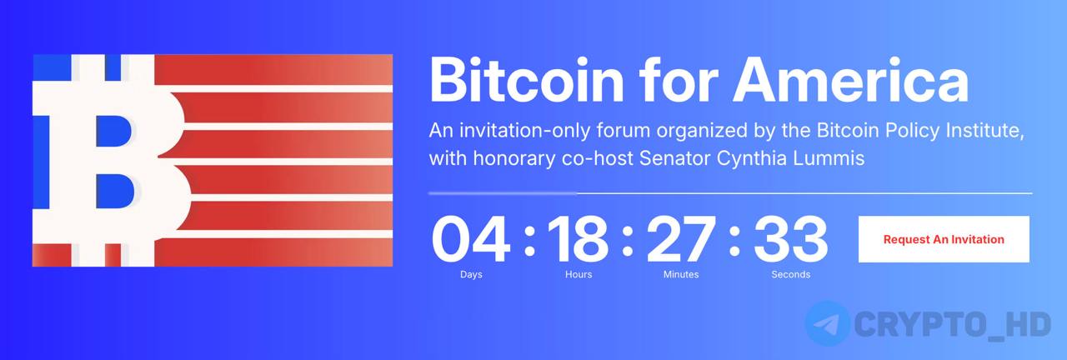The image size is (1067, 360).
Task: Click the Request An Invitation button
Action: pyautogui.click(x=944, y=239)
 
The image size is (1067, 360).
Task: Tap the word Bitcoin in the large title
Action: pyautogui.click(x=526, y=80)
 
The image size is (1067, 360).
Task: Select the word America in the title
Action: pyautogui.click(x=850, y=80)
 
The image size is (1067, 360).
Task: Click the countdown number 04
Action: pyautogui.click(x=470, y=239)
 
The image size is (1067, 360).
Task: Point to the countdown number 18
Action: pyautogui.click(x=578, y=239)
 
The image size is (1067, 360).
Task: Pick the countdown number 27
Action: pyautogui.click(x=681, y=239)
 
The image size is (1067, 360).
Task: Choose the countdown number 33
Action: pyautogui.click(x=791, y=239)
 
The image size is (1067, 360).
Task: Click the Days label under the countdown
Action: pyautogui.click(x=471, y=274)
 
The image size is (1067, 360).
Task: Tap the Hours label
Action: pyautogui.click(x=579, y=274)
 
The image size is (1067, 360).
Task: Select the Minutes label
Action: pyautogui.click(x=681, y=274)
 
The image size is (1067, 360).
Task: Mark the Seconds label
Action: pyautogui.click(x=791, y=274)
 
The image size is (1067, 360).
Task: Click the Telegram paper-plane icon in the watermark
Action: pyautogui.click(x=828, y=324)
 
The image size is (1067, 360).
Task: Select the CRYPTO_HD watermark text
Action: pyautogui.click(x=953, y=325)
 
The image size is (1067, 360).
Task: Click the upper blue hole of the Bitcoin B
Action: pyautogui.click(x=113, y=131)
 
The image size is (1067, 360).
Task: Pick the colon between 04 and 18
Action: pyautogui.click(x=529, y=242)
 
